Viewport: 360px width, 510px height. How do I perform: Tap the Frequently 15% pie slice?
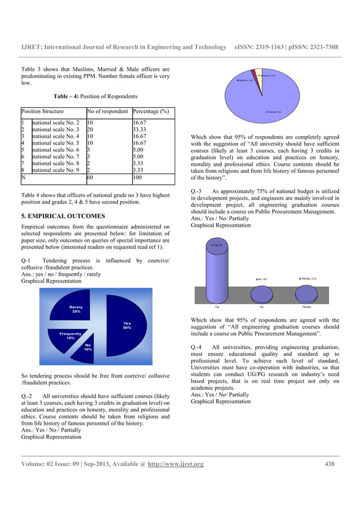(70, 337)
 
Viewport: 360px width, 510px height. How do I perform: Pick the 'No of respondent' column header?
(108, 111)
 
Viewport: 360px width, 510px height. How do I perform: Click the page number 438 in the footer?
(330, 464)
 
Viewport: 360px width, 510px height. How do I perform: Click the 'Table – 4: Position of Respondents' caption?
(95, 96)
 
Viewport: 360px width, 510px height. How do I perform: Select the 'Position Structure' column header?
(42, 111)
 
